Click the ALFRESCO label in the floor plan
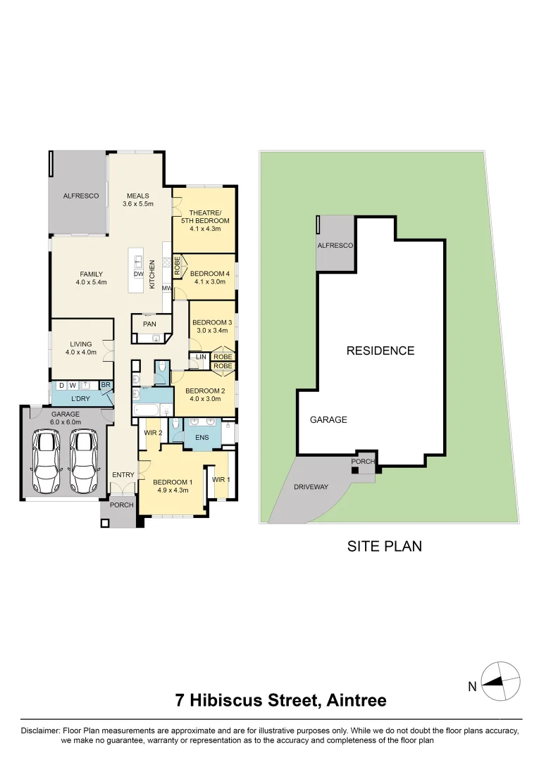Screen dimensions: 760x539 (81, 196)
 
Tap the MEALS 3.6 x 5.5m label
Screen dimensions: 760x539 (137, 200)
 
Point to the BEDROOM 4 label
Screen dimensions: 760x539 (208, 277)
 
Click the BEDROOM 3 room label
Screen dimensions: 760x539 (212, 326)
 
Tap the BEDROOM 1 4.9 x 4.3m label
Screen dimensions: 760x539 (171, 486)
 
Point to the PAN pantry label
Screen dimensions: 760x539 (149, 324)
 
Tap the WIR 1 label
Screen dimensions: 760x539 (221, 479)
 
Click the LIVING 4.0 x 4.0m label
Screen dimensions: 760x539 (81, 348)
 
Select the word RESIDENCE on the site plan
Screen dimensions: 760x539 (380, 350)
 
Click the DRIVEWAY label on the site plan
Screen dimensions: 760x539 (311, 487)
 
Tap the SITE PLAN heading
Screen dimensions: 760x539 (385, 546)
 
